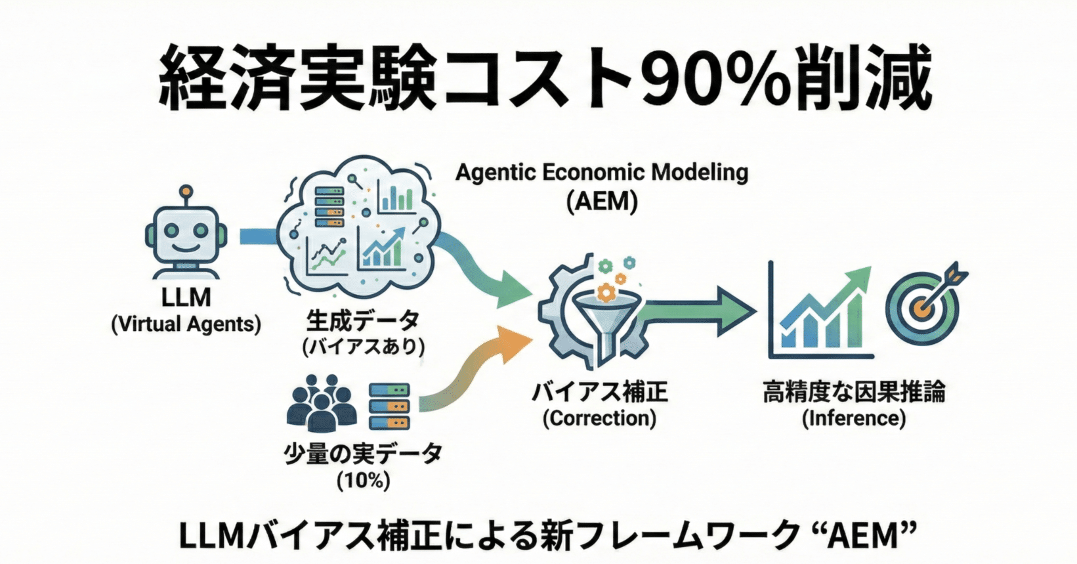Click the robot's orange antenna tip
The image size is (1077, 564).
tap(186, 191)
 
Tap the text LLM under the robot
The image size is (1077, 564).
tap(186, 297)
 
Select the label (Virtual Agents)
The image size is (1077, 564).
tap(186, 324)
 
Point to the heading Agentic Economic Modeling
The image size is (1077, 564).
tap(602, 173)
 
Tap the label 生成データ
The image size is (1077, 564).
tap(363, 321)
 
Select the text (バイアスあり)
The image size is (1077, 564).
tap(363, 346)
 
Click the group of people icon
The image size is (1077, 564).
tap(322, 403)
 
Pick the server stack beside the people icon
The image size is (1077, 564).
tap(389, 405)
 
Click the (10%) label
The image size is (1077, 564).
tap(363, 481)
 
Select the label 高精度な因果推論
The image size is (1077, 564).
tap(854, 393)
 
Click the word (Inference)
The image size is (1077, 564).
tap(854, 418)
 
